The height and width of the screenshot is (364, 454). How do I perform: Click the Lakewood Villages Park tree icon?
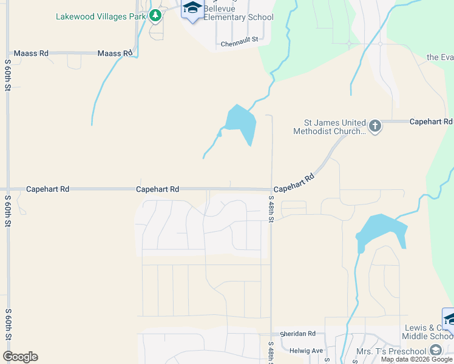155,15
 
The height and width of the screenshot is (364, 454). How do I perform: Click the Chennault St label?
239,44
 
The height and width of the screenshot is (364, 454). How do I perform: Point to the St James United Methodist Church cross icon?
375,126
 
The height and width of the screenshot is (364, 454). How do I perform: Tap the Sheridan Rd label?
298,334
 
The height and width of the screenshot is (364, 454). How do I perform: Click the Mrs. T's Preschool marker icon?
435,351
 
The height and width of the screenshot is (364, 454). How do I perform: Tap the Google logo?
20,357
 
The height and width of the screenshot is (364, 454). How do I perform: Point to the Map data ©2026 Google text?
417,359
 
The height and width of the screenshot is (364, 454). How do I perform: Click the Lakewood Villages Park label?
101,16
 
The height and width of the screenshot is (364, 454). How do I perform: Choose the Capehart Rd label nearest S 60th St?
47,189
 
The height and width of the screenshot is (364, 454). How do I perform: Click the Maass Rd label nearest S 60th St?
30,53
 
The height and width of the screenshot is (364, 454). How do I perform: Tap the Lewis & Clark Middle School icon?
449,318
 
